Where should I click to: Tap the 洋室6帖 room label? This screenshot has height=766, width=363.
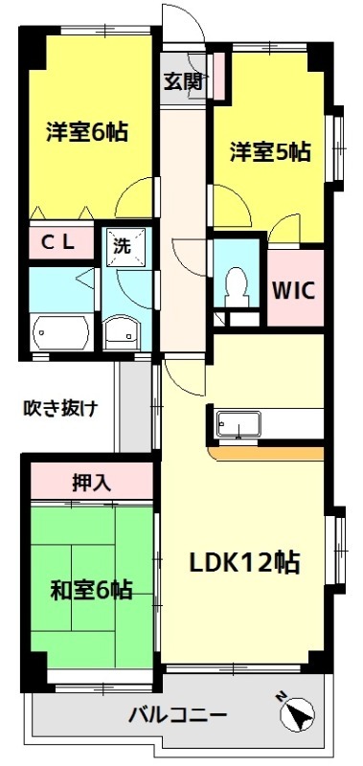point(87,131)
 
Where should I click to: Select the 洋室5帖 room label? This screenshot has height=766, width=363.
point(269,150)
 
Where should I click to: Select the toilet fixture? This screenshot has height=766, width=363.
point(236,284)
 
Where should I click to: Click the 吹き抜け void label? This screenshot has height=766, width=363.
point(60,409)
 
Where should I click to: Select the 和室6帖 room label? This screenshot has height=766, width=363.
point(91,589)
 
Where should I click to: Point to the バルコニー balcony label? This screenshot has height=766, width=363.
point(177,715)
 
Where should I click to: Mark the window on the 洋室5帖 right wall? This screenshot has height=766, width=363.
point(334,148)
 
